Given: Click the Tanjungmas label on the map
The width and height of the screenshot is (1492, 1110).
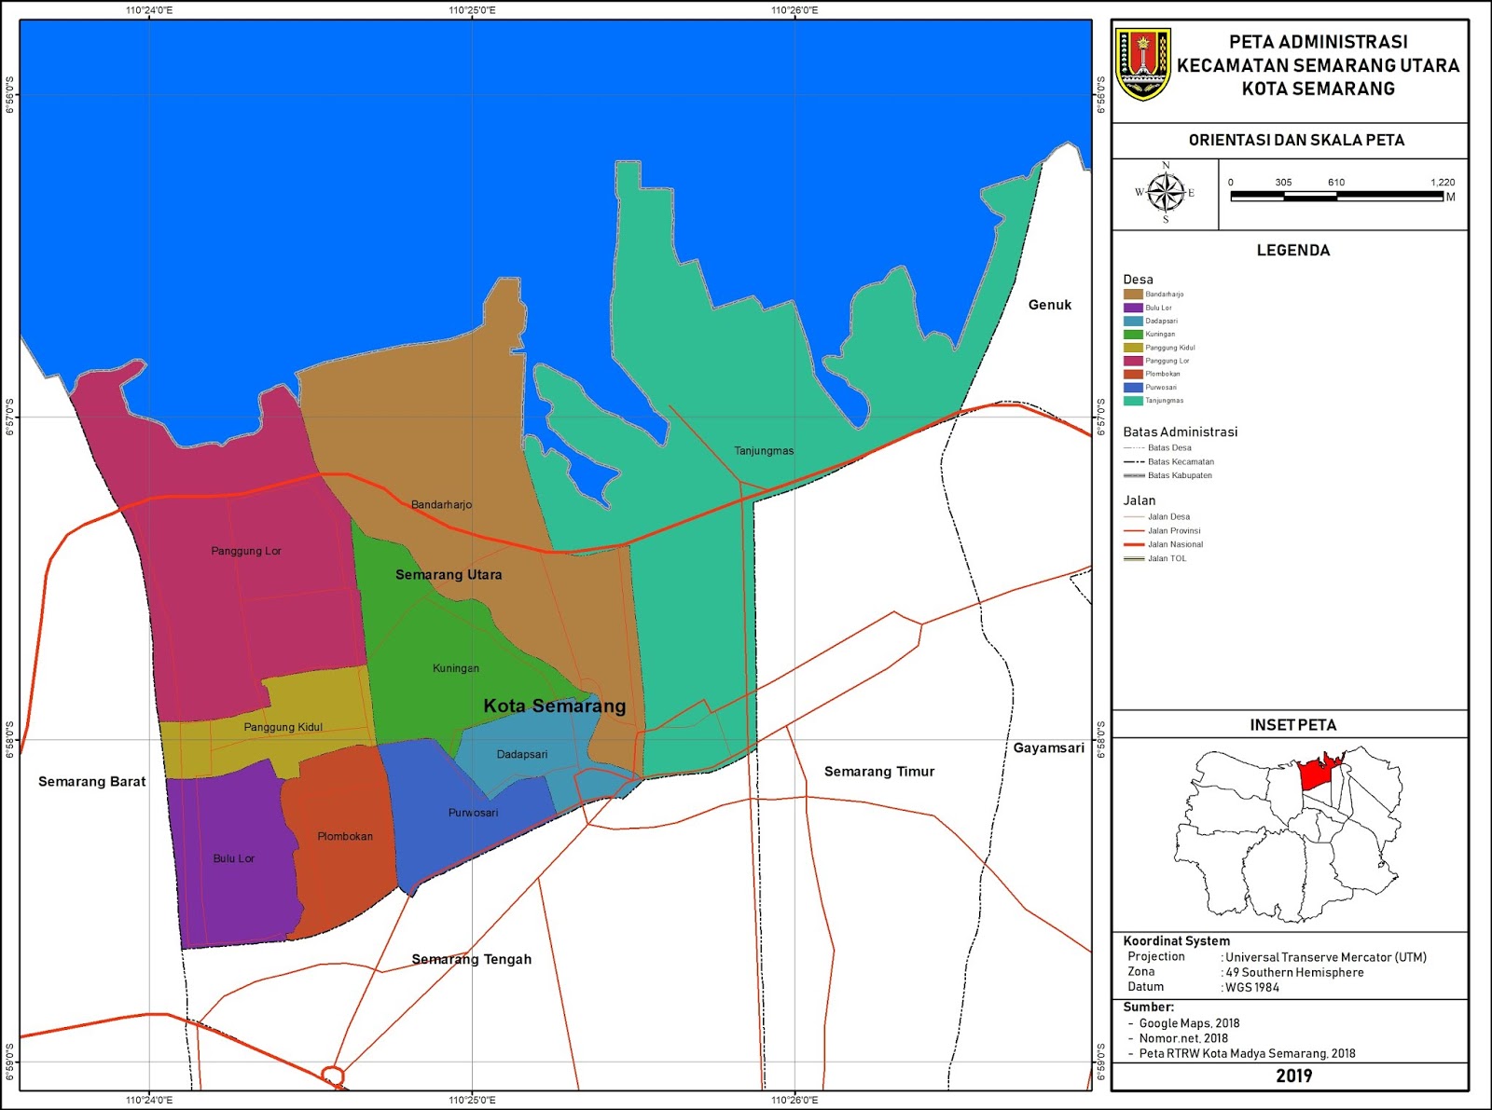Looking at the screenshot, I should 764,451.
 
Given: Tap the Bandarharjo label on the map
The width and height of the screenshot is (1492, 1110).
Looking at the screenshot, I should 441,505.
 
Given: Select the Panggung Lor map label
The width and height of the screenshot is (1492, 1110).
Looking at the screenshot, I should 246,551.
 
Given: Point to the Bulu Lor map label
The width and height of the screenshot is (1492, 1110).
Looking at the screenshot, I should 233,858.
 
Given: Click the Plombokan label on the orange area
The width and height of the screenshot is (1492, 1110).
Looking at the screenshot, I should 345,836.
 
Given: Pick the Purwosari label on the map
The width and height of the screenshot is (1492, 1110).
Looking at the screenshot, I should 473,813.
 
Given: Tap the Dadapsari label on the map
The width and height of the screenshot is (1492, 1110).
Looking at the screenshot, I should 522,754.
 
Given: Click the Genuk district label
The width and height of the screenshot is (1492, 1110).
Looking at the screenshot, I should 1050,305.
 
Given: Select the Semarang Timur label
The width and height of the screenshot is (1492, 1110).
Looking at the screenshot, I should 878,772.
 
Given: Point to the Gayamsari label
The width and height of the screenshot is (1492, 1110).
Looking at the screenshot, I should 1049,747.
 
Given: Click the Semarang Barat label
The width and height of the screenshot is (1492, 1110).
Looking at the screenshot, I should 91,782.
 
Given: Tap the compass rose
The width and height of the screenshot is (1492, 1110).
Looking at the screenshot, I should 1165,193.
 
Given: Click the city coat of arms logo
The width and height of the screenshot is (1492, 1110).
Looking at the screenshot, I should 1142,63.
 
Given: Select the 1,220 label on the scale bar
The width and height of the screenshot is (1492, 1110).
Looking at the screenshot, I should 1442,183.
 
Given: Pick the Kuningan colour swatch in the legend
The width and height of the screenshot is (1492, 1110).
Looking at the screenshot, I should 1133,334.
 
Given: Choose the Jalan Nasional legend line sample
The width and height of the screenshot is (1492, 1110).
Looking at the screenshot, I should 1133,544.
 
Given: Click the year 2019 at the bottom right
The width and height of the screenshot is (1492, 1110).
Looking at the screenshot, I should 1293,1076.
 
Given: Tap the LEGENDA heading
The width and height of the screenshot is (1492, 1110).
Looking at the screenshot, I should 1292,251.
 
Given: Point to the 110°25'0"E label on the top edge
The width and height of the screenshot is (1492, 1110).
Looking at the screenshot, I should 472,10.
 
